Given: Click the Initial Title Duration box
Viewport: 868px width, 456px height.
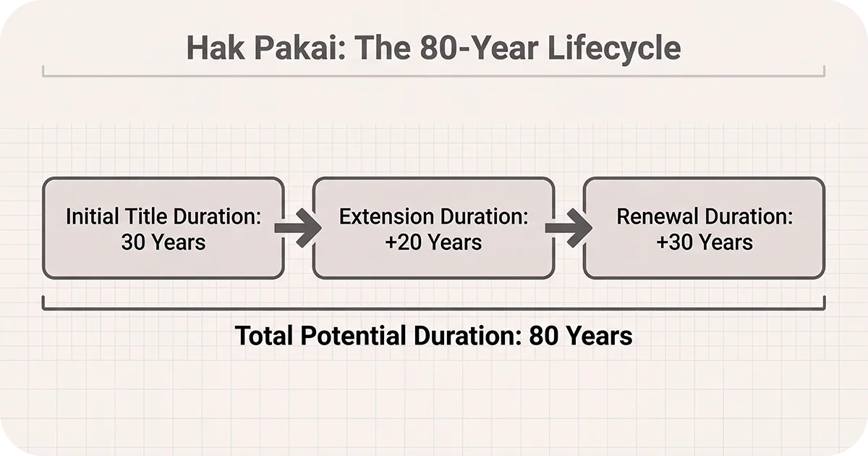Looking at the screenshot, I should [x=163, y=228].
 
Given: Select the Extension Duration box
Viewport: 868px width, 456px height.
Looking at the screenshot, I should [x=433, y=228].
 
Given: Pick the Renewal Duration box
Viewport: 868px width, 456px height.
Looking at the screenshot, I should [x=704, y=228].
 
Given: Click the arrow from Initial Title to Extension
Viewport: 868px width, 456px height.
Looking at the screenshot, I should [x=298, y=228].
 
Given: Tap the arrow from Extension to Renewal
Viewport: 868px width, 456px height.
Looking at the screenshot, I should [x=569, y=228].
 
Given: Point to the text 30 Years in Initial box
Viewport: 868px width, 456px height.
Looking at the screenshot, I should [x=163, y=242].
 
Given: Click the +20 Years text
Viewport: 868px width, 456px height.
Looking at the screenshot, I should [x=433, y=242].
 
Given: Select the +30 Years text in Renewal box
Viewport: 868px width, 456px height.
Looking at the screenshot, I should [x=704, y=242].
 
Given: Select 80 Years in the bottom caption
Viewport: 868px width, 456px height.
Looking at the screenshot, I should [x=581, y=336].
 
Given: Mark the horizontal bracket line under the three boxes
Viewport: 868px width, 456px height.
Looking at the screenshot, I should [x=434, y=309].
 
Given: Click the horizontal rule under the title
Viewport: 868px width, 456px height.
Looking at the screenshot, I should [x=434, y=75].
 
